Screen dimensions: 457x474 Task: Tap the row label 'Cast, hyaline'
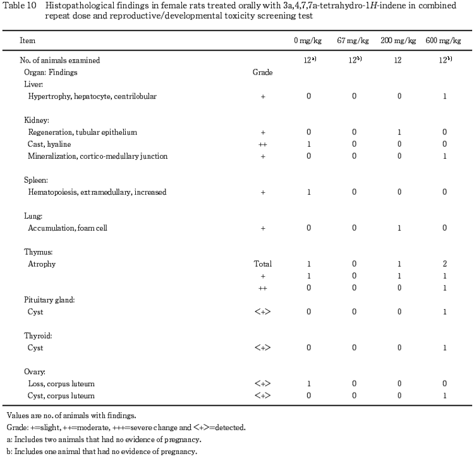coord(53,144)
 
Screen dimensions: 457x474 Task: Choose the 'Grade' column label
coord(262,73)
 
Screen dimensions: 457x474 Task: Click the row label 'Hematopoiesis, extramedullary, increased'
coord(97,192)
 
